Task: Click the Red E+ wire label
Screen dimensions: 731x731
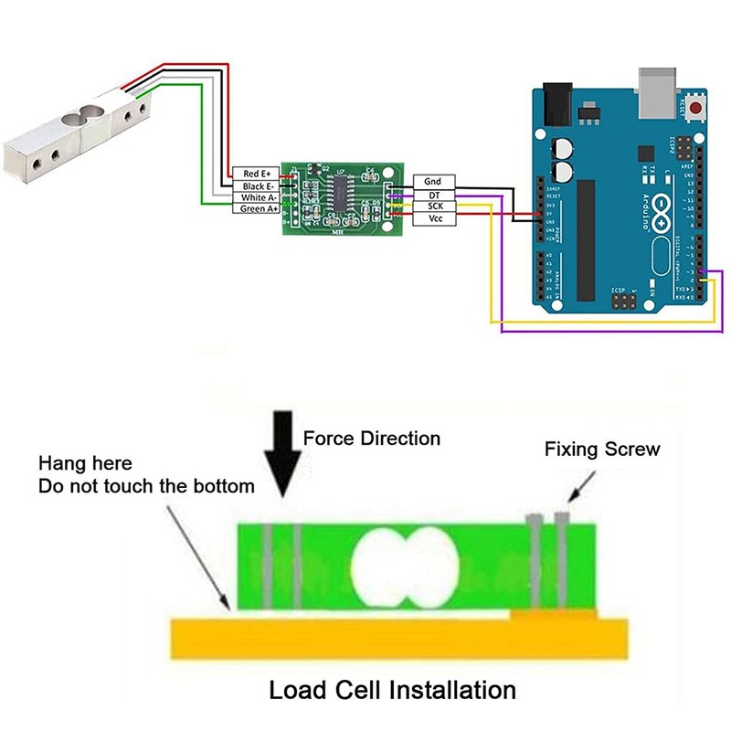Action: [x=256, y=173]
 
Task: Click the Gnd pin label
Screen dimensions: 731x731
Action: [x=433, y=182]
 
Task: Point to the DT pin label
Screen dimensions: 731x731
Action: [x=433, y=195]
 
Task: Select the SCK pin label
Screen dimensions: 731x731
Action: [x=433, y=207]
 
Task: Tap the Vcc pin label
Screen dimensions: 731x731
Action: [x=433, y=219]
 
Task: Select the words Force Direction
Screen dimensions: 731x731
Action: [x=371, y=439]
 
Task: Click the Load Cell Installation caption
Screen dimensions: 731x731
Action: [x=392, y=689]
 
